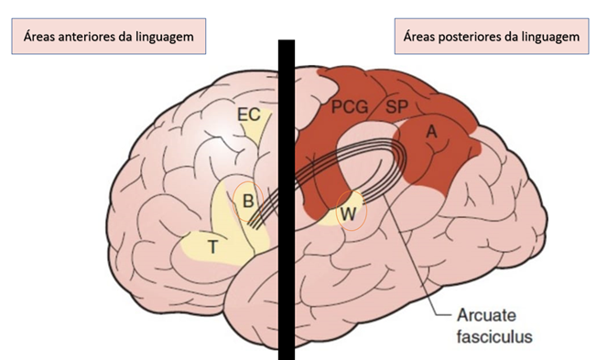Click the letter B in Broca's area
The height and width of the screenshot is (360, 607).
[x=248, y=202]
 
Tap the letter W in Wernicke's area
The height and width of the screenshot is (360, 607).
[x=349, y=214]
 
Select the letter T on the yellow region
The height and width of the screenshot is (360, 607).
[x=212, y=246]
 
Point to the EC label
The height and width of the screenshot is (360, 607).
[x=248, y=115]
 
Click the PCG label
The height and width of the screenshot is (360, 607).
[x=350, y=106]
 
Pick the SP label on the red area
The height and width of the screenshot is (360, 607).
[x=396, y=106]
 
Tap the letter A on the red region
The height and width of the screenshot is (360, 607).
[x=431, y=132]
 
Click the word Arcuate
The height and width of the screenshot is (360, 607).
[x=486, y=315]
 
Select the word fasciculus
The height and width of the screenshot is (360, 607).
[x=494, y=336]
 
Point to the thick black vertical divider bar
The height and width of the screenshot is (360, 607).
[x=287, y=200]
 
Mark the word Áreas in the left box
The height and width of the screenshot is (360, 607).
[x=38, y=36]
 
